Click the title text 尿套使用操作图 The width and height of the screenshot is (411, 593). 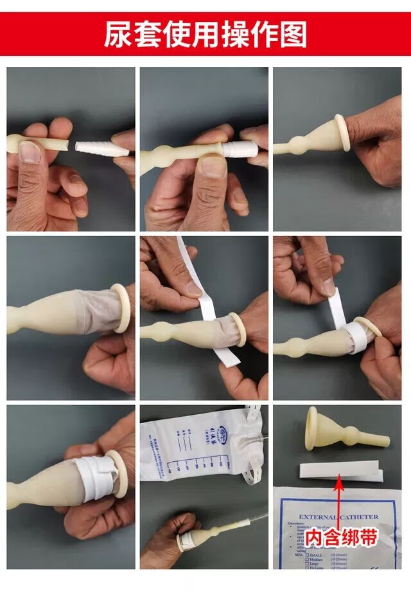click(x=205, y=34)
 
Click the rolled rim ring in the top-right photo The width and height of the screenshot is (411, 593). click(x=342, y=132)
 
